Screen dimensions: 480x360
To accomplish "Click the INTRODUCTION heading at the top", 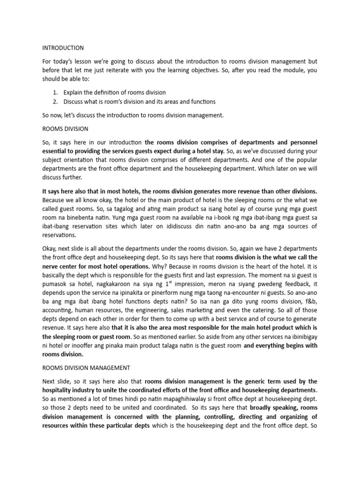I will pos(63,48).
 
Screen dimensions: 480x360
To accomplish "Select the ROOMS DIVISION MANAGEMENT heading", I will pos(87,368).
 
